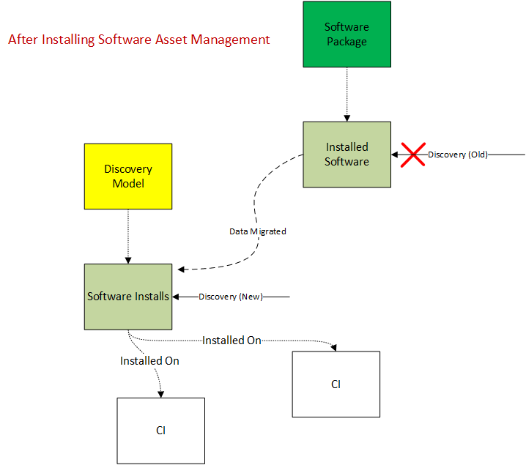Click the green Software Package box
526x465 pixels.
347,34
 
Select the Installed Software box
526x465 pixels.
347,155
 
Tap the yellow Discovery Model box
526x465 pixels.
128,176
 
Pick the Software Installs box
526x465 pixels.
128,297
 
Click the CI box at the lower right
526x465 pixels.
336,384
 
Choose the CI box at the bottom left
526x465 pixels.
161,431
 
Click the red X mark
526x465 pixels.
413,155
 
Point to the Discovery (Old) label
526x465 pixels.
458,155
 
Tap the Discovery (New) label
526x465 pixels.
231,297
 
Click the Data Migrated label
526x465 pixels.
257,231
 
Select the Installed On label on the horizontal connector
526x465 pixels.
231,341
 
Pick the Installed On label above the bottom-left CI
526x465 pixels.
149,361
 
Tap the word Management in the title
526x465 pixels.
231,40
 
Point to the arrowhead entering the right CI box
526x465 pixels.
336,347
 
